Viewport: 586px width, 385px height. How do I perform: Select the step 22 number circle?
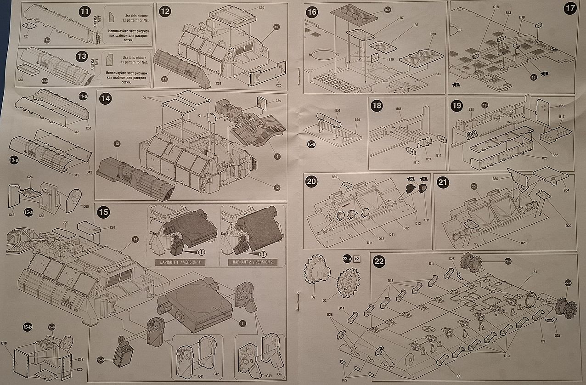(379, 261)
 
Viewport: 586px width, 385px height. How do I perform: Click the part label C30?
(261, 8)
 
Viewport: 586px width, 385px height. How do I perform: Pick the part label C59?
(278, 101)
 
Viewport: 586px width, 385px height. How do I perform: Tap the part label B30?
(433, 34)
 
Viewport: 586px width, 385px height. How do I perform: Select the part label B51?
(338, 110)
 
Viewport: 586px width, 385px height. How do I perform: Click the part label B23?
(562, 107)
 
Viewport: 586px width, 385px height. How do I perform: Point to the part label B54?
(566, 190)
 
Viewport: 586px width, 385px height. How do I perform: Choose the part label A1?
(535, 272)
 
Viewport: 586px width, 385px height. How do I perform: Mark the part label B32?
(406, 228)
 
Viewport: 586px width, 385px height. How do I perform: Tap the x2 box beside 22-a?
(357, 259)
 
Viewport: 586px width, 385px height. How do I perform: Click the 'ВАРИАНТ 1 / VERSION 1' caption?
(175, 262)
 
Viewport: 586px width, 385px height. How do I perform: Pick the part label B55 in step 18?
(399, 109)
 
